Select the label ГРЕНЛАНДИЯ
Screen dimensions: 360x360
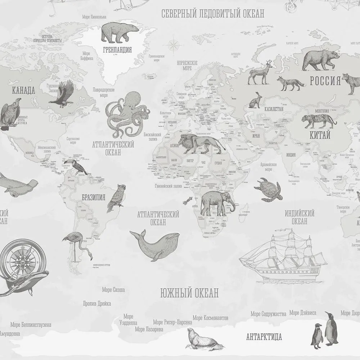coord(117,50)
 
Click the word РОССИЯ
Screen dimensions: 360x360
coord(325,81)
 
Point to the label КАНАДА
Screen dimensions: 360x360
coord(23,90)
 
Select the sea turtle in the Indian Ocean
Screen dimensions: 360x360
coord(267,188)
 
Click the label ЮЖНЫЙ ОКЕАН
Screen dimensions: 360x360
coord(189,293)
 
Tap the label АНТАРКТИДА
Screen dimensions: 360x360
coord(264,337)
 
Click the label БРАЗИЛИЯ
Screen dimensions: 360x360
coord(93,197)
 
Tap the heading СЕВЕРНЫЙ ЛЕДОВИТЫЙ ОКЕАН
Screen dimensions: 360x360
coord(213,14)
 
